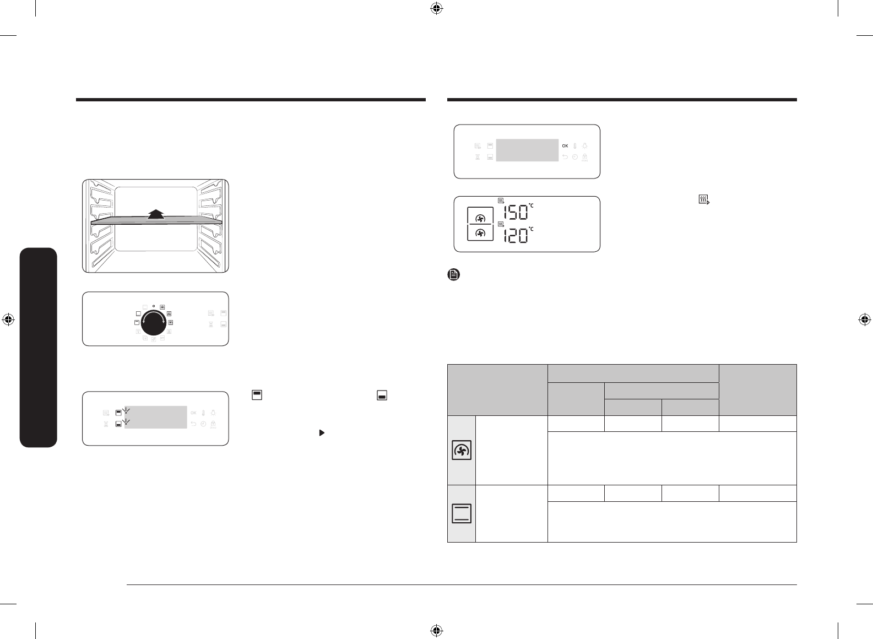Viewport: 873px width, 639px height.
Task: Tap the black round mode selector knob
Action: (x=154, y=322)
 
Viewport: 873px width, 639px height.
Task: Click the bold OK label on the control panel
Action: (x=565, y=146)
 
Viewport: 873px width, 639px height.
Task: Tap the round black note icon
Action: (x=454, y=274)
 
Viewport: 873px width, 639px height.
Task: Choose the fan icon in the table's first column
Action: (x=462, y=450)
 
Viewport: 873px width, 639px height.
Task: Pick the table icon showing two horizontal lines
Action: (x=462, y=513)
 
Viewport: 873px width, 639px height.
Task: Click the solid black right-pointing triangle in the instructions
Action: (x=322, y=433)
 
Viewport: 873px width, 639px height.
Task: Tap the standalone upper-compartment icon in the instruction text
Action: (x=257, y=395)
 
